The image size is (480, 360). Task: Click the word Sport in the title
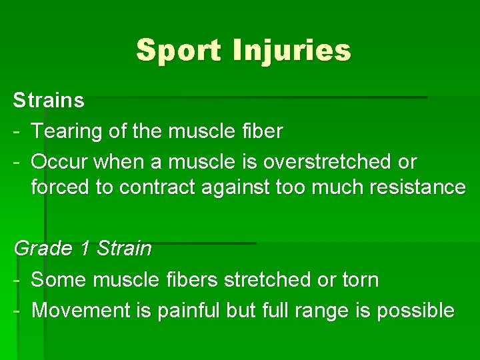coord(179,50)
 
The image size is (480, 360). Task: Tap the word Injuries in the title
coord(291,50)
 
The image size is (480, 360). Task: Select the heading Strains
coord(49,101)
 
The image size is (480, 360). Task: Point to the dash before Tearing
coord(17,132)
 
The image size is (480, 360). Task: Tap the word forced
coord(63,187)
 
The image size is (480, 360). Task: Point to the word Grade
coord(43,249)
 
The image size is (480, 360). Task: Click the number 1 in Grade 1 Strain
coord(85,249)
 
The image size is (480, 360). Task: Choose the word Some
coord(59,280)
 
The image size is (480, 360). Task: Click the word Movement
coord(81,310)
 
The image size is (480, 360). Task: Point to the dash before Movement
coord(17,310)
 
